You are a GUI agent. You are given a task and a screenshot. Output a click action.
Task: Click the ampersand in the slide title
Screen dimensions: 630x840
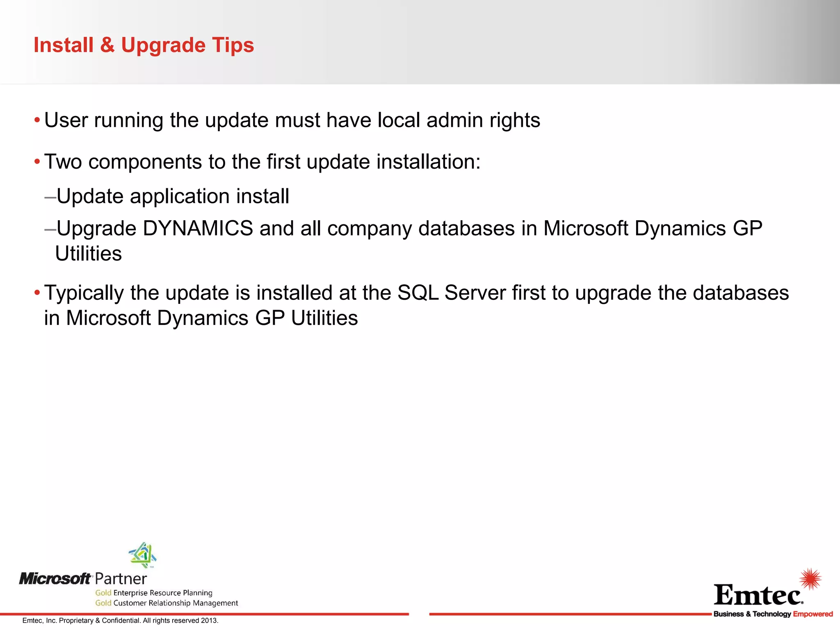[x=107, y=45]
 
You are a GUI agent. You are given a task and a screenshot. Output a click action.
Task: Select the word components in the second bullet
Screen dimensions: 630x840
[x=145, y=162]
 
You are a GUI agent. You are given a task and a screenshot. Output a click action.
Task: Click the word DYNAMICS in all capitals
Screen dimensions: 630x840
[x=198, y=228]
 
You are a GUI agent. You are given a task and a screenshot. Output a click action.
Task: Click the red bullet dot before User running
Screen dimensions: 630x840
[x=37, y=121]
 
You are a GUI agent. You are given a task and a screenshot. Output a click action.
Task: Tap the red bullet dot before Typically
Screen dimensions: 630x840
[x=37, y=293]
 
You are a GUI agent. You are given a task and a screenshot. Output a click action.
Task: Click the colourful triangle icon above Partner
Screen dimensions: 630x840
[x=143, y=555]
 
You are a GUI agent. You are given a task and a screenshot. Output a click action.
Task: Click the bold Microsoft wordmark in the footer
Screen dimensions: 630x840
[x=55, y=579]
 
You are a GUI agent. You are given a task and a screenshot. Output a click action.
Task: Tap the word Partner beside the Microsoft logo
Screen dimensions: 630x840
[x=121, y=579]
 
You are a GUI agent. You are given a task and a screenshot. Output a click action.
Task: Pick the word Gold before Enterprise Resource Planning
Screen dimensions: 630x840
[x=103, y=593]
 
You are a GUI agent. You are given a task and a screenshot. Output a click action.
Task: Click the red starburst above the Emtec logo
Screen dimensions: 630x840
[x=810, y=579]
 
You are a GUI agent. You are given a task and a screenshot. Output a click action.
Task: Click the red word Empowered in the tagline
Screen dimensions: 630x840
[x=813, y=614]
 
